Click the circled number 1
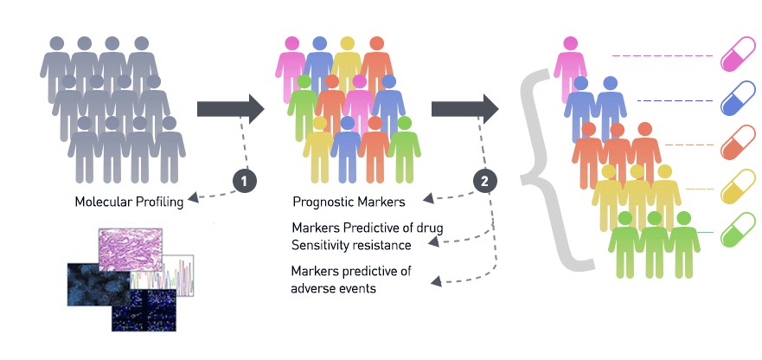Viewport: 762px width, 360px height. click(x=245, y=181)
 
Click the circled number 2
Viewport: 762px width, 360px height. click(x=485, y=181)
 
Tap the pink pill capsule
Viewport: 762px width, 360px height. click(x=738, y=54)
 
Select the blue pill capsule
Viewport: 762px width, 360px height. click(x=738, y=99)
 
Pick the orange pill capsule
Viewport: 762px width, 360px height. click(x=738, y=143)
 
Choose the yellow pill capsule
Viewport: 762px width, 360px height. click(x=738, y=186)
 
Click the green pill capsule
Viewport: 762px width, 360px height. click(x=738, y=229)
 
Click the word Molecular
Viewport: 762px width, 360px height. click(x=99, y=202)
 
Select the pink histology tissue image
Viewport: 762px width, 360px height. click(x=131, y=249)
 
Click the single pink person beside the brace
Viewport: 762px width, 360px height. click(x=570, y=69)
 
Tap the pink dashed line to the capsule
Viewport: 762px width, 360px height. click(x=663, y=56)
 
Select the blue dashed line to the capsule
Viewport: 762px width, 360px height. click(x=675, y=100)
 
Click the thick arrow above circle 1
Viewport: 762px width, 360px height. click(x=230, y=109)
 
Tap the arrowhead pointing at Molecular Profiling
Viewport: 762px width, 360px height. click(x=192, y=198)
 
